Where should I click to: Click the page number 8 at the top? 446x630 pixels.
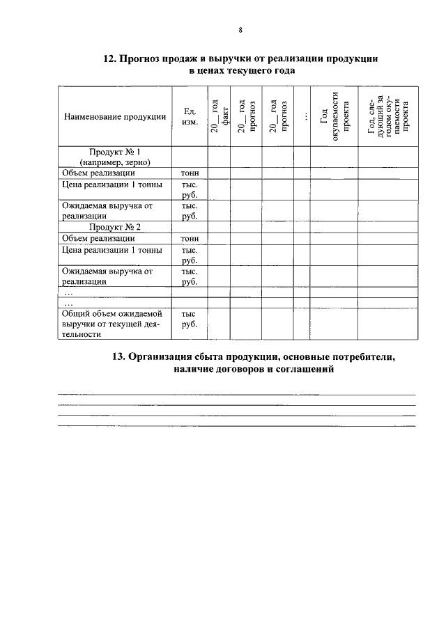[240, 30]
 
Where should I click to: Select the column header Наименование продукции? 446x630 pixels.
[114, 116]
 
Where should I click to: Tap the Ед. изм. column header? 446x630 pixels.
[190, 116]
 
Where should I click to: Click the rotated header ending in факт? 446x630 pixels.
[220, 116]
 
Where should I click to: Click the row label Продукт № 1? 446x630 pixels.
[114, 151]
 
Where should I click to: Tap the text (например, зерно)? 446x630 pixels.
[114, 162]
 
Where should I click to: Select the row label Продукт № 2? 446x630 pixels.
[114, 227]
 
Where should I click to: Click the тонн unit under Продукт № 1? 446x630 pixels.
[190, 173]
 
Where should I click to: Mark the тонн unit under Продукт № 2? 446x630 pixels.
[190, 238]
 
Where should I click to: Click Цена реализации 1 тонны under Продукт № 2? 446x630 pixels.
[111, 250]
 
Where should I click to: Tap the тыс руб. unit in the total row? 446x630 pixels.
[190, 319]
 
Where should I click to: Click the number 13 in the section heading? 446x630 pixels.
[118, 357]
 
